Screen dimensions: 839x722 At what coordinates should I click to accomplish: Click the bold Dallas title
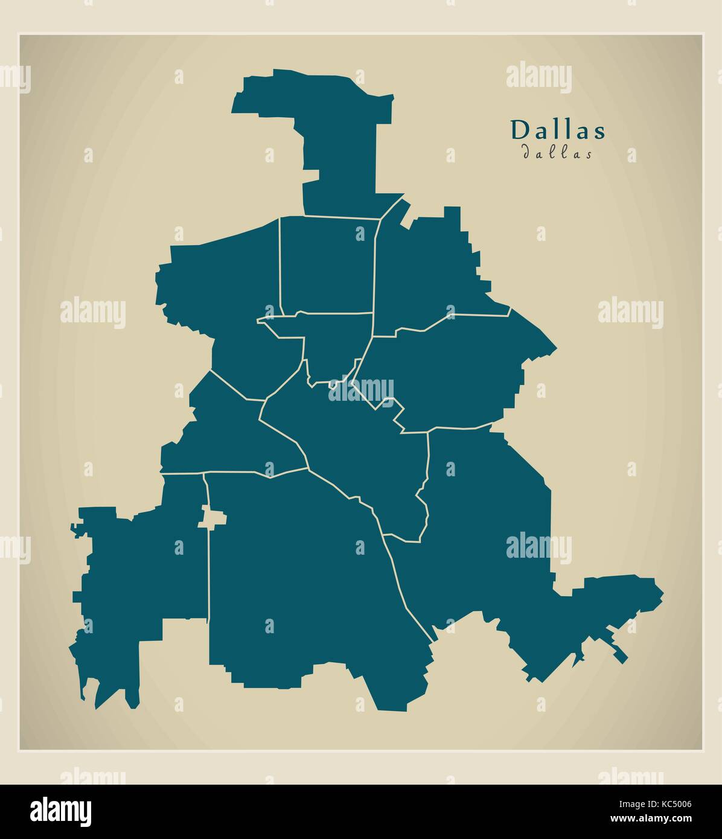tap(558, 130)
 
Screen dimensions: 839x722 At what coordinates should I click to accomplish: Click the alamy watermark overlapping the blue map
tap(361, 389)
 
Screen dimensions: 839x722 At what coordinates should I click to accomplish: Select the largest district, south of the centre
tap(302, 573)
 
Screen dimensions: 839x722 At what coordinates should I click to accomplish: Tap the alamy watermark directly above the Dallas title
tap(538, 77)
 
